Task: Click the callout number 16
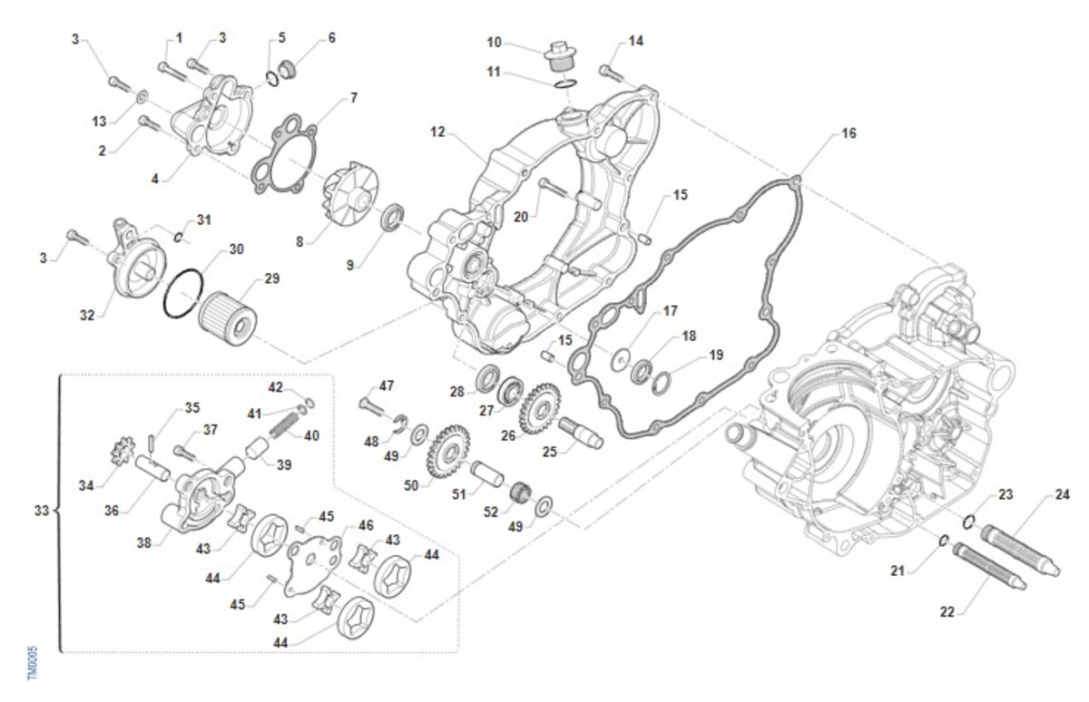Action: click(x=849, y=133)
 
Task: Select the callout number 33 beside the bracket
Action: click(x=41, y=512)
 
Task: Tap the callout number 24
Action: click(x=1062, y=494)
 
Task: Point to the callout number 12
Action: click(x=437, y=132)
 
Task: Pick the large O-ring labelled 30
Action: click(x=183, y=294)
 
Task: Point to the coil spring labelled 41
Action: click(x=281, y=423)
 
